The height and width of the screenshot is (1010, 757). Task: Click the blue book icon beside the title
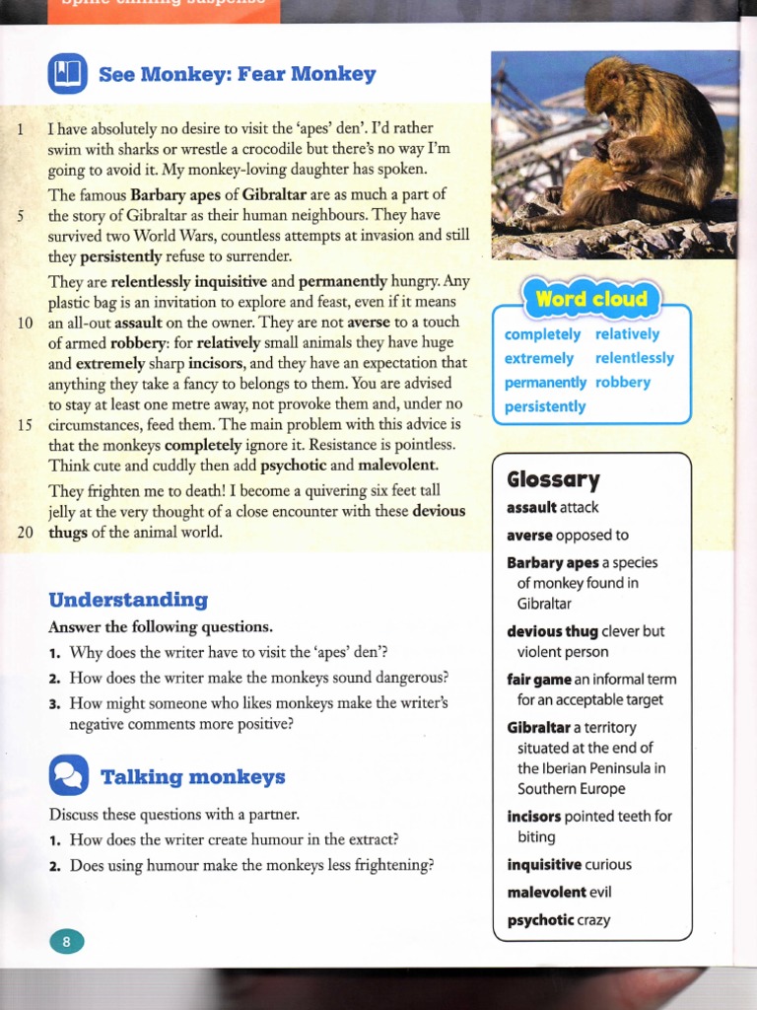(68, 72)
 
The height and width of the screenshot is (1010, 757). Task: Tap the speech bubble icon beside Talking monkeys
(68, 775)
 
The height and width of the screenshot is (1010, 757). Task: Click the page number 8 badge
(67, 941)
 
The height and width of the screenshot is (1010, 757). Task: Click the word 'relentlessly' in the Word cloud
(635, 358)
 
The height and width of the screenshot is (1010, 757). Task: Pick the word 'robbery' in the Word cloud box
(623, 382)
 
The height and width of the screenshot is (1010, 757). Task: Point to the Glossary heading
(553, 480)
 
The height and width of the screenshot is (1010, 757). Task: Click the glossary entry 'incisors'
(533, 817)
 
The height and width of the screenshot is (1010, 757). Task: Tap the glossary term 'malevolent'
(546, 893)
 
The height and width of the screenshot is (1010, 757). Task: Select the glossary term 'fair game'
(538, 680)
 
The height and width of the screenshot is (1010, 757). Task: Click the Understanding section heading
(128, 600)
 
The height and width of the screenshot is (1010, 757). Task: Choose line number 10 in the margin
(26, 323)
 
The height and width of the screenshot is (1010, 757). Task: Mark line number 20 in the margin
(26, 533)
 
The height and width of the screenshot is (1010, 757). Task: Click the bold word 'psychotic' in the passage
(293, 465)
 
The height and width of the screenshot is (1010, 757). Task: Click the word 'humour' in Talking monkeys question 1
(308, 839)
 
